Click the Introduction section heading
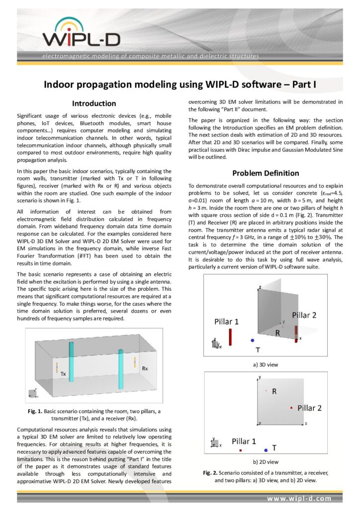coord(94,103)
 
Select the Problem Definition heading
coord(266,173)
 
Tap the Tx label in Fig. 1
coord(63,373)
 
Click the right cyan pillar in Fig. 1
coord(120,370)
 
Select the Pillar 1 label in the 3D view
coord(226,322)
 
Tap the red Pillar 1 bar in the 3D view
coord(230,337)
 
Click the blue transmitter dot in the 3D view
coord(253,340)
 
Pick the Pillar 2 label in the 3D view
coord(307,315)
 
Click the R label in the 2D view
coord(274,392)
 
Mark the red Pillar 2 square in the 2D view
coord(291,408)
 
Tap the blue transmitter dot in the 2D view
coord(266,449)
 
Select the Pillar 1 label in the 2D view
coord(244,441)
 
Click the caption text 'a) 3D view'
coord(266,364)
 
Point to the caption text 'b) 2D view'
coord(266,462)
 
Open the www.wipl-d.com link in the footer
coord(299,498)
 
